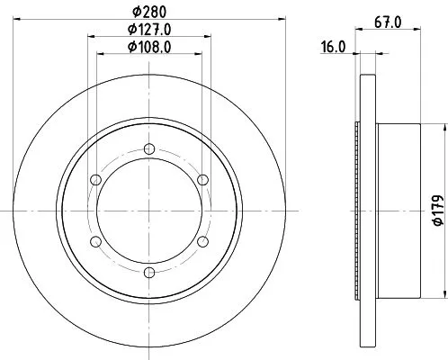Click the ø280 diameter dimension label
(x=148, y=11)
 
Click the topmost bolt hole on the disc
(x=148, y=149)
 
